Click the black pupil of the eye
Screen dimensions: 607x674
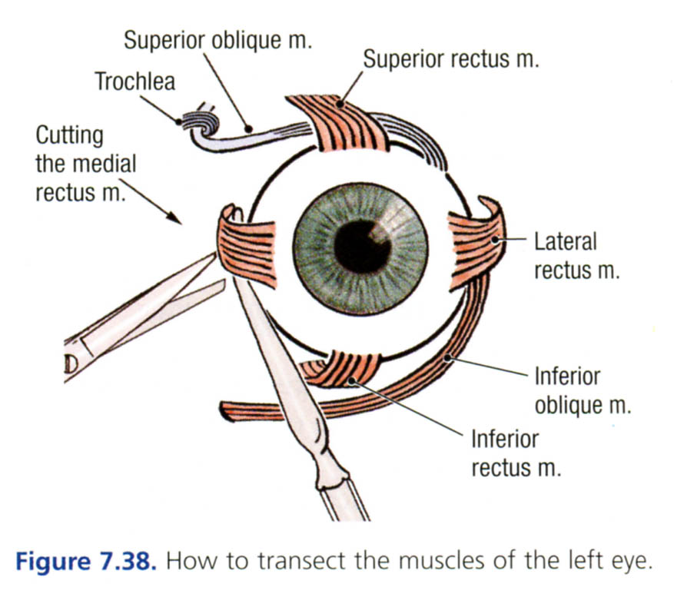point(360,245)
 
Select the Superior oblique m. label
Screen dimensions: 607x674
point(218,41)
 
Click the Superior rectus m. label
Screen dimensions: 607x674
point(451,59)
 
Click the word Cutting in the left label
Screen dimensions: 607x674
point(69,136)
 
